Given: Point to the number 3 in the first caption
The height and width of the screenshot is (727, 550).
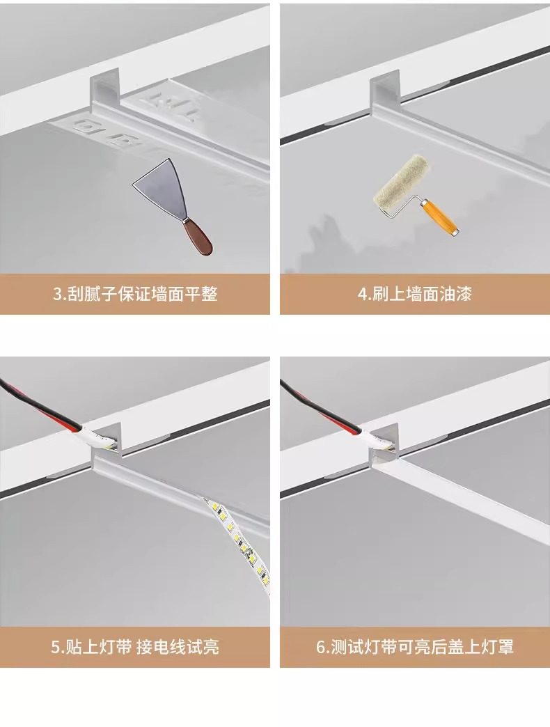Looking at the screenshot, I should [x=57, y=294].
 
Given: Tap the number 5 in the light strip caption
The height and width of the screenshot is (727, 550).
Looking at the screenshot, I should [x=55, y=647].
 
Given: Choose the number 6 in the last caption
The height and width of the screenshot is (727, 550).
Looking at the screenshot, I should [x=321, y=647].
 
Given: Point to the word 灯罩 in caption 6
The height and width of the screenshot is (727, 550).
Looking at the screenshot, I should [x=497, y=647].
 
